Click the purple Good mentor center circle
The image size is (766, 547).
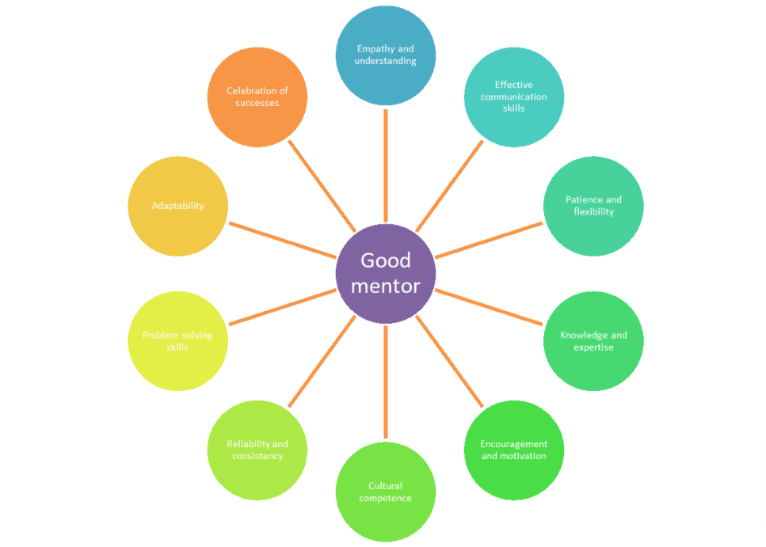point(386,273)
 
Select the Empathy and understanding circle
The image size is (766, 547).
point(386,55)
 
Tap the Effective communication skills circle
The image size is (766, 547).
point(513,97)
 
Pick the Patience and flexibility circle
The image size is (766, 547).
point(593,206)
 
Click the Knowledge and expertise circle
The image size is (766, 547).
point(593,341)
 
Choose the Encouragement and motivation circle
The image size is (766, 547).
point(513,450)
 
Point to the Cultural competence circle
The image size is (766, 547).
point(386,492)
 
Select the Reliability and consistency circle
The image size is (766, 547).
point(257,450)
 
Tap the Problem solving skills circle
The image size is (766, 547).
point(177,341)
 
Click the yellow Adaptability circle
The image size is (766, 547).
point(177,206)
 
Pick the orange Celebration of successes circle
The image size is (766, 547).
point(257,97)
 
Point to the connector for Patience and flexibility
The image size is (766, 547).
point(489,240)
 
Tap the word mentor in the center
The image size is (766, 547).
point(386,286)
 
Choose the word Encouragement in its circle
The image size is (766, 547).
point(513,444)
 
